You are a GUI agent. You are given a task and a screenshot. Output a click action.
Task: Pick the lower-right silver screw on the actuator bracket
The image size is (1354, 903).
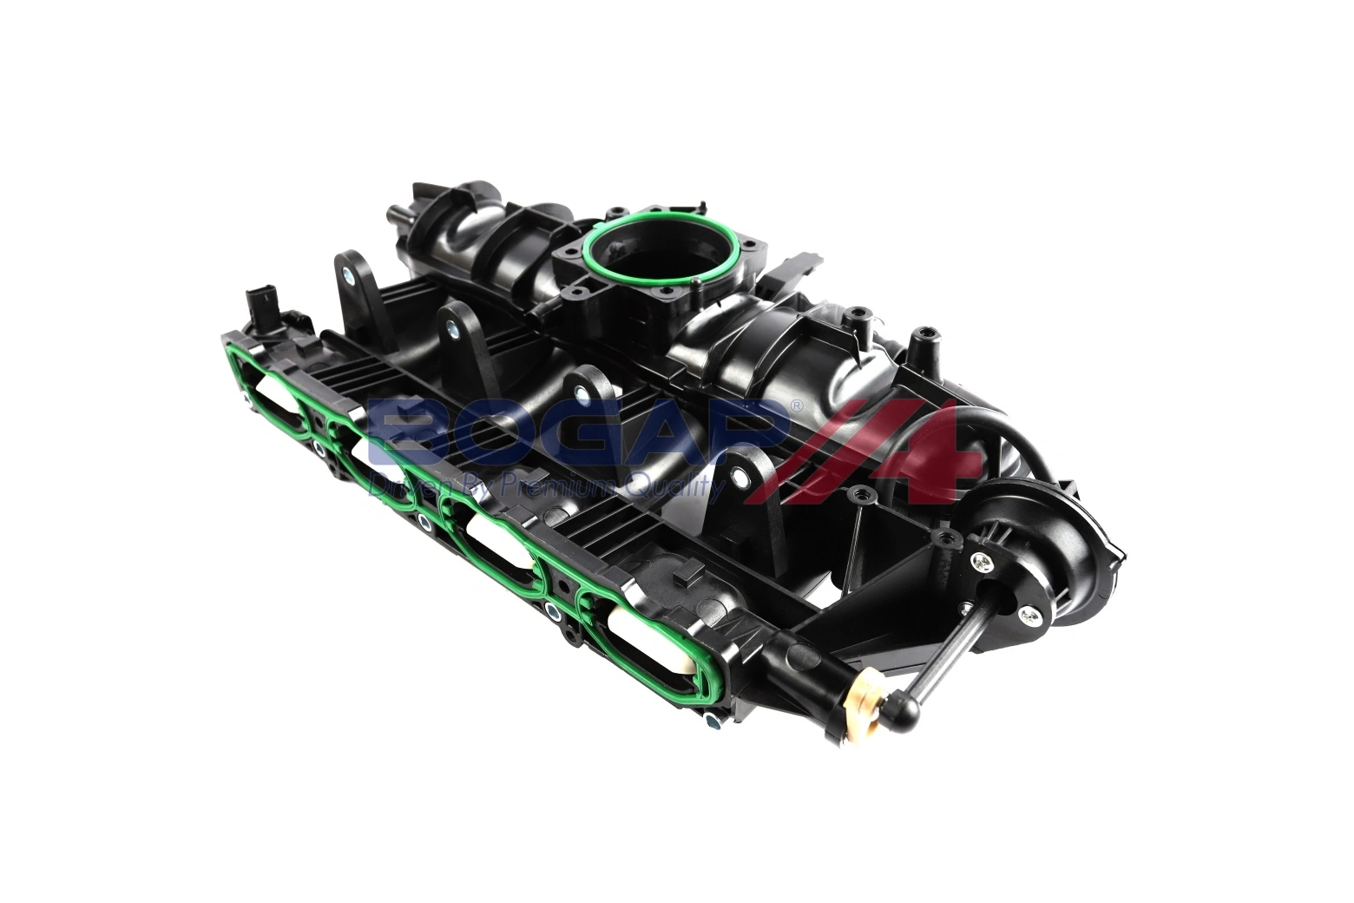(1029, 617)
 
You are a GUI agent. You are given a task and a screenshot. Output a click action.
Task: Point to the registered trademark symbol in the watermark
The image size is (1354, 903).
(795, 405)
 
